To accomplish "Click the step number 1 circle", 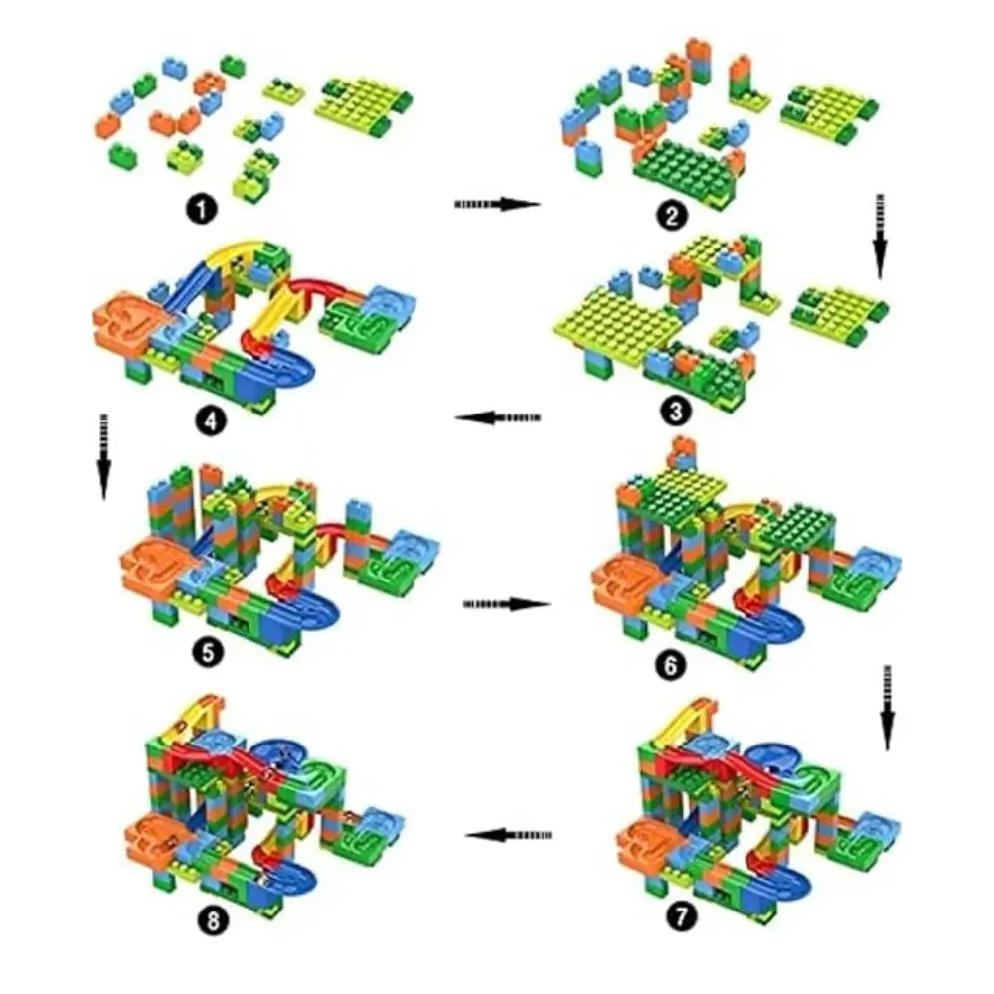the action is click(x=202, y=209).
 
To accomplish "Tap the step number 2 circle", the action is click(x=672, y=215).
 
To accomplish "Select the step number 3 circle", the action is click(x=676, y=413).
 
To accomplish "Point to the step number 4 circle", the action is click(x=211, y=420).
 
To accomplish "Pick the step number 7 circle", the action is click(x=681, y=916).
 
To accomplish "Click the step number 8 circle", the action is click(x=213, y=920).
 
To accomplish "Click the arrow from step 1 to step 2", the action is click(x=498, y=204).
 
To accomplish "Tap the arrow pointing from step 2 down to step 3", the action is click(x=880, y=237).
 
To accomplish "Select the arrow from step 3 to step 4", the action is click(x=498, y=417).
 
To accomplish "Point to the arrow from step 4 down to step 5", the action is click(x=104, y=457).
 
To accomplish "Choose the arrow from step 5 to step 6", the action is click(x=507, y=604).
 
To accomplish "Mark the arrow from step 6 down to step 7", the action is click(x=887, y=708).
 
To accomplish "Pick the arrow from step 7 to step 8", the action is click(x=508, y=835).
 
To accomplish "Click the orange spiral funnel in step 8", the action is click(x=157, y=838).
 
